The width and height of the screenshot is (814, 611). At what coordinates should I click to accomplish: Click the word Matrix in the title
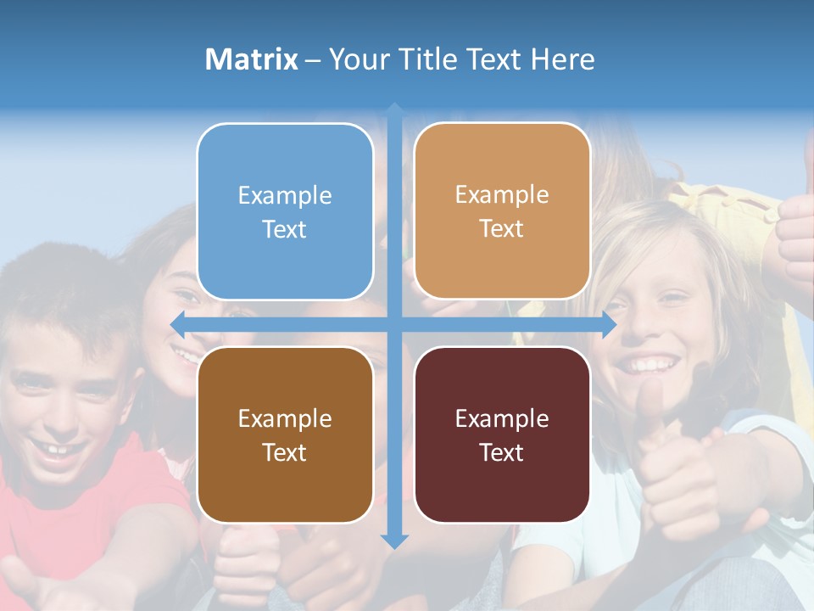point(251,59)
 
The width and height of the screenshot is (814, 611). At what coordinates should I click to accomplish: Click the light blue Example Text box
point(285,211)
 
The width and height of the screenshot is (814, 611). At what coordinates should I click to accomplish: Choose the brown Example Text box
point(285,434)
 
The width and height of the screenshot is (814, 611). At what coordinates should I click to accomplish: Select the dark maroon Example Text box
point(502,434)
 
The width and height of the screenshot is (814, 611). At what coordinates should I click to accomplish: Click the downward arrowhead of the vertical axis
point(394,541)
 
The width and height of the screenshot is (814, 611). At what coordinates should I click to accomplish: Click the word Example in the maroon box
point(502,418)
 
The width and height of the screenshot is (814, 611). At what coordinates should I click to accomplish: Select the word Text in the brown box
point(284,452)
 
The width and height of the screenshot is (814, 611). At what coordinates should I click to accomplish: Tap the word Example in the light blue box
point(285,195)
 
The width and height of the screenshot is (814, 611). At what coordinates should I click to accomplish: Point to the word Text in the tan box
point(502,228)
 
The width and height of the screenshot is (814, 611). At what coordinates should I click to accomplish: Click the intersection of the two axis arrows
point(394,324)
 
